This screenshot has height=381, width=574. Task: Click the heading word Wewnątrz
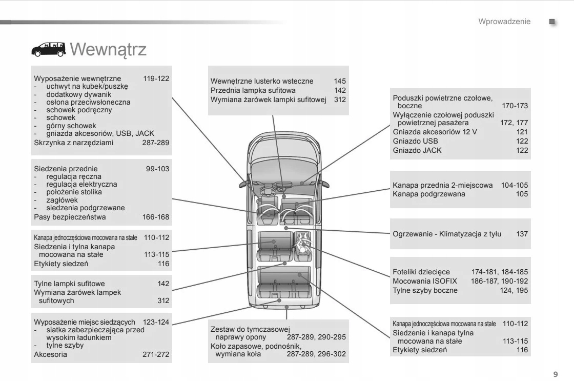[108, 50]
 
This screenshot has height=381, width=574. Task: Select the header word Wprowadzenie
[504, 22]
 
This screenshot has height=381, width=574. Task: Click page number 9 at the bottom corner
[556, 373]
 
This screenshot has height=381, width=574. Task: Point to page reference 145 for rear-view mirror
[340, 81]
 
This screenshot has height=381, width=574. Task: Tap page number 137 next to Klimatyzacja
[522, 234]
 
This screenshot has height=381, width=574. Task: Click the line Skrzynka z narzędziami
[73, 143]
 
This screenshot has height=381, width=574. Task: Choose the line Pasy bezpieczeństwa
[70, 217]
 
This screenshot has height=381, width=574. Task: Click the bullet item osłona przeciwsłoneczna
[88, 102]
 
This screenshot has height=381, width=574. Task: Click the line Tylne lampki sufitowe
[69, 284]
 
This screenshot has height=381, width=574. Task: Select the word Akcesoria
[50, 354]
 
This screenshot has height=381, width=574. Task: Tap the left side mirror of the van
[243, 182]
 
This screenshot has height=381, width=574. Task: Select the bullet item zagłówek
[64, 200]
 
